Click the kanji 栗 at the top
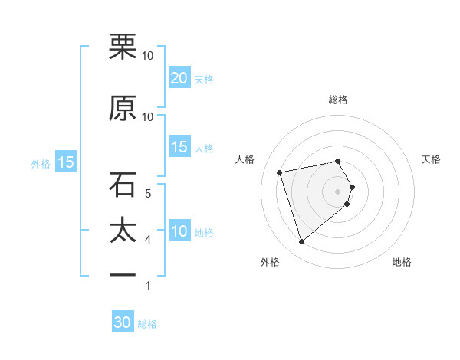tap(123, 48)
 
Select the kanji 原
tap(123, 109)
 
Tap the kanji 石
tap(123, 185)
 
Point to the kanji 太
tap(123, 231)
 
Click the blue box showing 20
tap(179, 78)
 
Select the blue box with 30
tap(123, 322)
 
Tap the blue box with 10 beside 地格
tap(179, 231)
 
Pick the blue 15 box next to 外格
tap(66, 162)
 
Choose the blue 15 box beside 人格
tap(179, 147)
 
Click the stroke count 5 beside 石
tap(148, 194)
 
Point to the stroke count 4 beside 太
tap(148, 240)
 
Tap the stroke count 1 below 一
tap(148, 286)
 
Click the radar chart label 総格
tap(338, 100)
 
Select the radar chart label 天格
tap(431, 159)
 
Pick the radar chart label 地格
tap(402, 262)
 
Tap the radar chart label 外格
tap(270, 262)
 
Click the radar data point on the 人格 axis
tap(280, 172)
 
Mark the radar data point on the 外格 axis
tap(302, 242)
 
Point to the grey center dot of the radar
tap(338, 190)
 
